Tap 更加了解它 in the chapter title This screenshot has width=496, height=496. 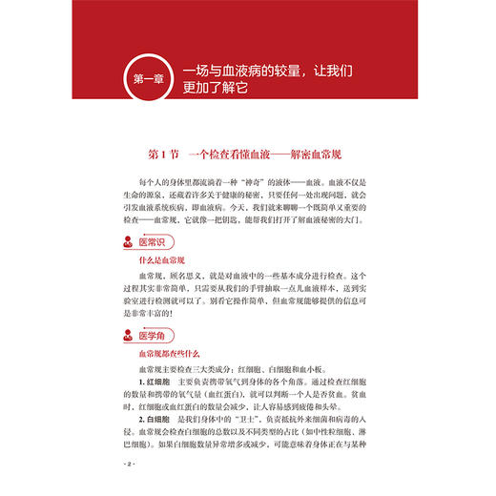[x=228, y=91]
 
